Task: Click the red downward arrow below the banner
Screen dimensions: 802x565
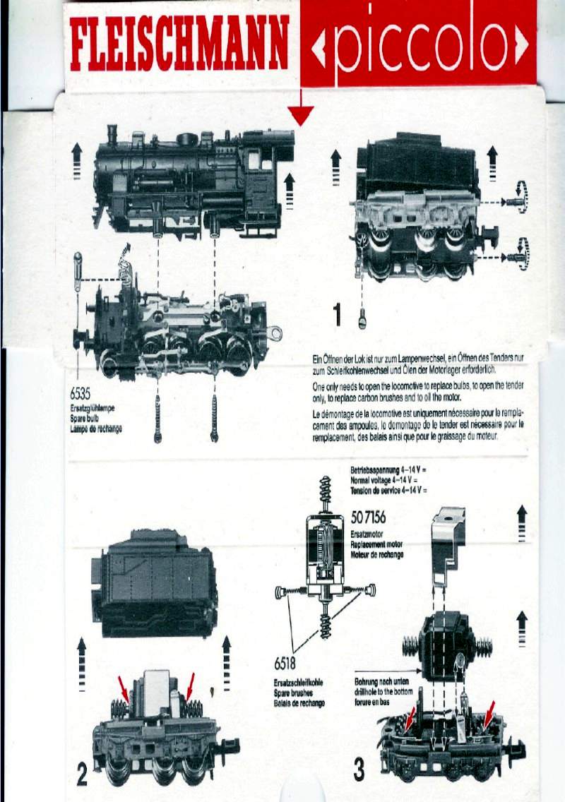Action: [300, 113]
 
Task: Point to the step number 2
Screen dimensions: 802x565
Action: [81, 775]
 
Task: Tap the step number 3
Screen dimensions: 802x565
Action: [359, 770]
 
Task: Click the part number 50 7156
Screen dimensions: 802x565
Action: [368, 518]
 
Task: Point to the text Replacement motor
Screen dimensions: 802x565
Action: [377, 545]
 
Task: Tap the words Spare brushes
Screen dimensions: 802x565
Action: [299, 693]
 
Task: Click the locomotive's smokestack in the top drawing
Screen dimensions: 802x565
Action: [112, 134]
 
